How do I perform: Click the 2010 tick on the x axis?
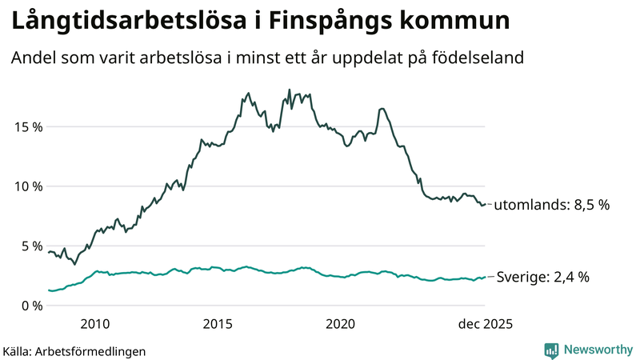[95, 324]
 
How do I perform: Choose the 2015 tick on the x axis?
[218, 324]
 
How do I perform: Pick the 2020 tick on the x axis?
[341, 324]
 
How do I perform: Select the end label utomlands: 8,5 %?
[551, 205]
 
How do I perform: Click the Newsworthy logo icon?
[551, 350]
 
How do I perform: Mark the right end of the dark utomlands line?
[486, 204]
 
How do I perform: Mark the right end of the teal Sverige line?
[486, 277]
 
